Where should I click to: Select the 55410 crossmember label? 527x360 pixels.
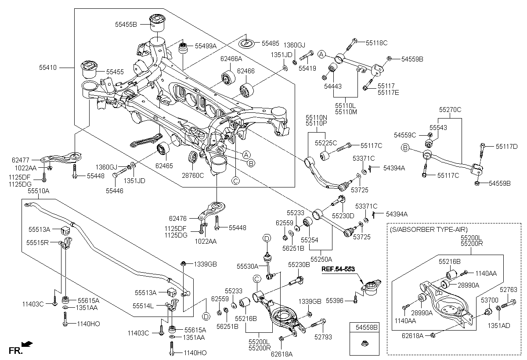48,68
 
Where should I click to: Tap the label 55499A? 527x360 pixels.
206,45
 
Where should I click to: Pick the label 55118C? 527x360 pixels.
377,43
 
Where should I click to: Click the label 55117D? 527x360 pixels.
507,146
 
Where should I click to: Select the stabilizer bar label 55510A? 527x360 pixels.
39,191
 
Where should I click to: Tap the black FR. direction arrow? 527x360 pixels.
28,344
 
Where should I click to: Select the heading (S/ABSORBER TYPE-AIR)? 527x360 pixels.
428,229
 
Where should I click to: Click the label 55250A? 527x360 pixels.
321,259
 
